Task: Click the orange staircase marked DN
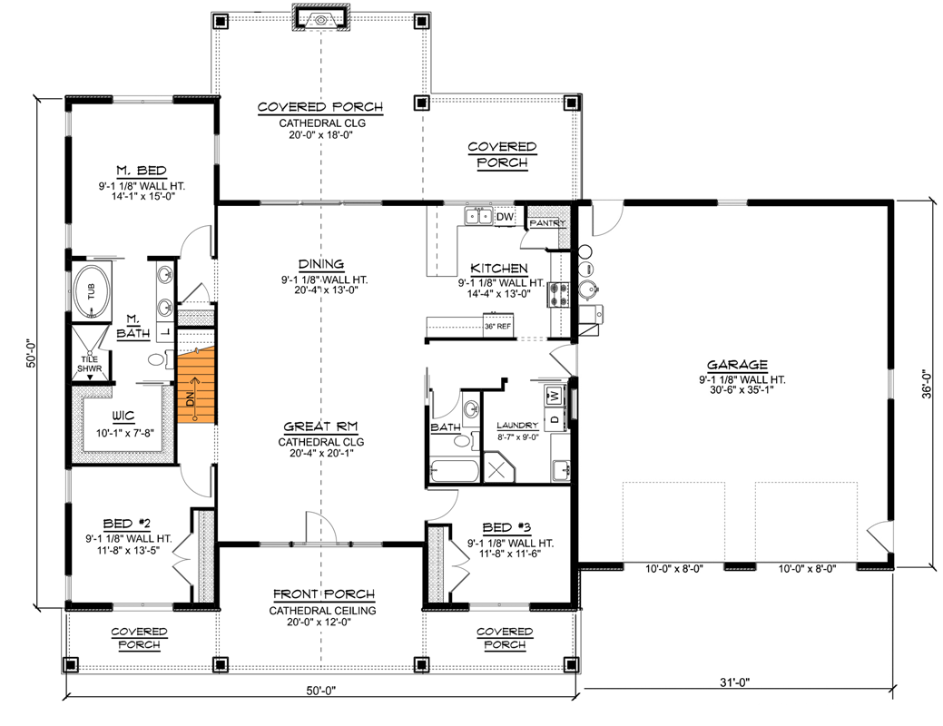tap(195, 388)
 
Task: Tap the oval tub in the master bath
tap(92, 291)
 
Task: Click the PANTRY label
tap(547, 223)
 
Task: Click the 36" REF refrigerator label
tap(498, 325)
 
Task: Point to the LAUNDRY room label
tap(517, 425)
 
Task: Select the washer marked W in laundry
tap(553, 396)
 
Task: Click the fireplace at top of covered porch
tap(320, 18)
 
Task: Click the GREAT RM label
tap(320, 426)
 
